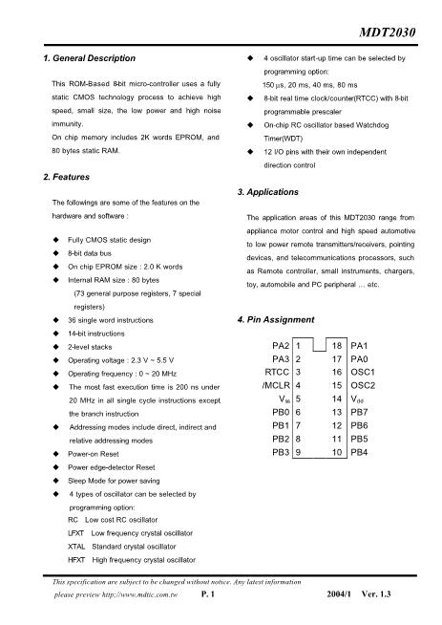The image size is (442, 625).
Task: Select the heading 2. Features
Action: coord(67,178)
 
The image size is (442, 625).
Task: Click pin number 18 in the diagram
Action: coord(337,342)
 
